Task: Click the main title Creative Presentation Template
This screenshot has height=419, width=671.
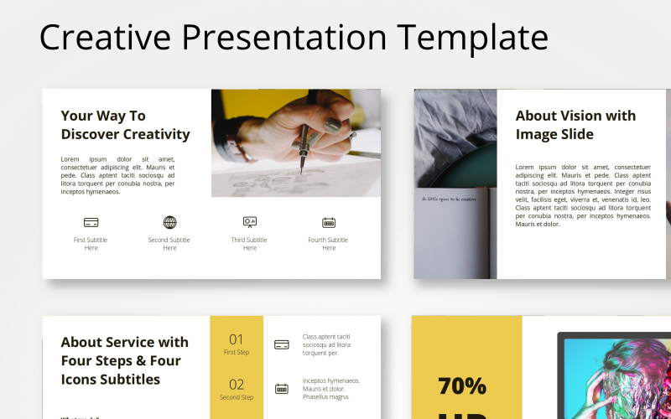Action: pos(294,38)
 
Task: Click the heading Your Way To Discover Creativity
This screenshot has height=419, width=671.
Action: pos(125,125)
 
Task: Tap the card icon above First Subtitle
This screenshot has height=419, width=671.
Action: pos(91,222)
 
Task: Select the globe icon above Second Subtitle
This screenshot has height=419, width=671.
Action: pos(169,222)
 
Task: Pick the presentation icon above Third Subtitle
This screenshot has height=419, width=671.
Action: pos(249,222)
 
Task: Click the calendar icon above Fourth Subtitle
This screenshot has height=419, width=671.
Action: pos(329,222)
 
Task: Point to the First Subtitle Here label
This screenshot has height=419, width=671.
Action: pos(91,244)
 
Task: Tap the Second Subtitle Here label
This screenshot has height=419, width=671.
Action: pos(169,244)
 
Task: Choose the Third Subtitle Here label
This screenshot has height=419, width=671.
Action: pos(249,244)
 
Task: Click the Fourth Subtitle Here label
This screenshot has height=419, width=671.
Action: pos(328,244)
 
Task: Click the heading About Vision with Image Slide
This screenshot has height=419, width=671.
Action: pos(575,125)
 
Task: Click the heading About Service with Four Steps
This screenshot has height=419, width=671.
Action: pos(124,360)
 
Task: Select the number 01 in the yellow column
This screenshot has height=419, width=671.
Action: pos(237,339)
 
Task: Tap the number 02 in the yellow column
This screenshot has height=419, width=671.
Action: pos(237,385)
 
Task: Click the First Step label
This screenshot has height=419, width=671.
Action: pos(237,353)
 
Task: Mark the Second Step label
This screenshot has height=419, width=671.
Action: pos(237,398)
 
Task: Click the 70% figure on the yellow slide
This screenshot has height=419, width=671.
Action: pos(462,386)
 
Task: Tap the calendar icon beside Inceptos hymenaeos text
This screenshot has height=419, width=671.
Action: pos(282,389)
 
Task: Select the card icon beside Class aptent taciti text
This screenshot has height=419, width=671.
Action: pos(282,344)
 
